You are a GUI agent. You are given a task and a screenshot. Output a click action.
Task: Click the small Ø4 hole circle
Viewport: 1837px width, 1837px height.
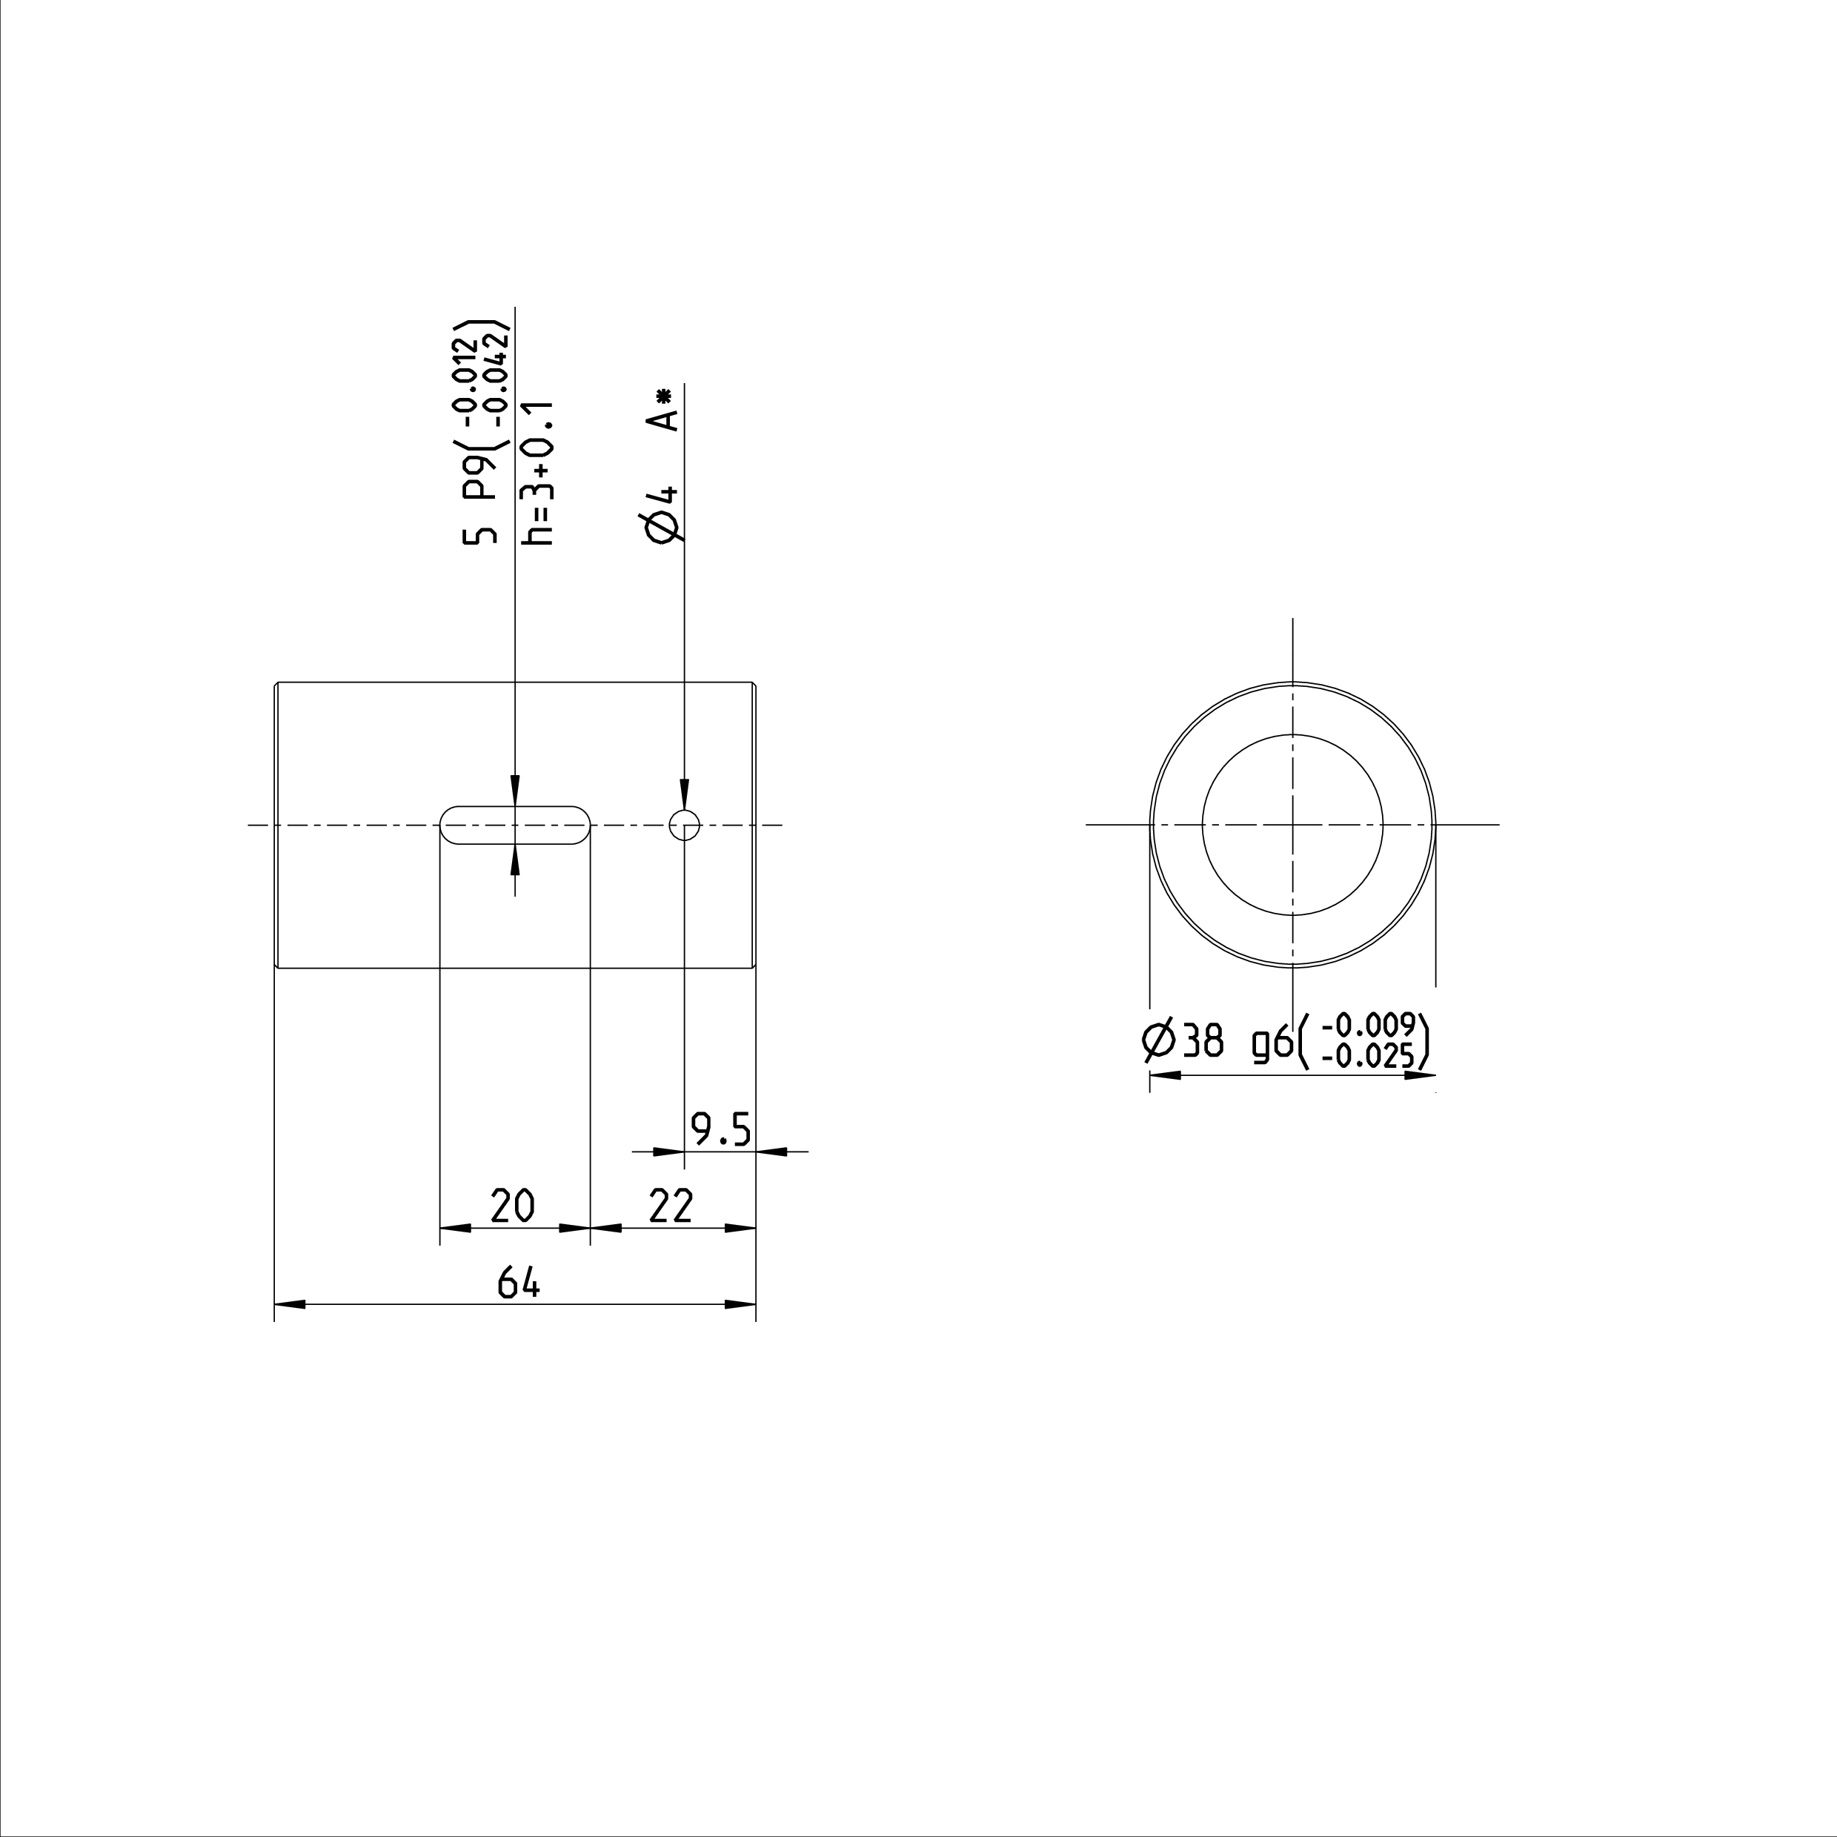(x=685, y=811)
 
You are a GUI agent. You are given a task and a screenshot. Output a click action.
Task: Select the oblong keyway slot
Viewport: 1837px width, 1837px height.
(x=514, y=806)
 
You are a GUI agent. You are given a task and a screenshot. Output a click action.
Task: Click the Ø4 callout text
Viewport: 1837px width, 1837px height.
(x=662, y=514)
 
